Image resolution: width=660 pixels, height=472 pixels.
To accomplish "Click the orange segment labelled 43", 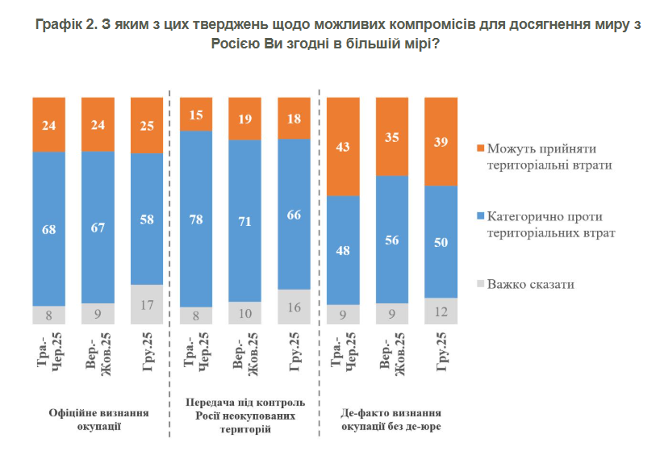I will pos(343,146).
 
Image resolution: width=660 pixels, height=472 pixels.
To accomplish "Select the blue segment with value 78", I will pos(195,218).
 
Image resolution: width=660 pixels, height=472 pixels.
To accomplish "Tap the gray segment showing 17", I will pos(146,304).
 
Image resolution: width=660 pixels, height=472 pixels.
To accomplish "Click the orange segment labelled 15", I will pos(195,114).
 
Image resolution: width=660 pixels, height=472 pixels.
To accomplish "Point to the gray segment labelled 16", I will pos(294,307).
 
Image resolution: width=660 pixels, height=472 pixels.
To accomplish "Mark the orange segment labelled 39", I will pos(441,141).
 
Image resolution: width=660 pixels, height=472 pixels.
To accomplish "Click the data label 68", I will pos(48,229).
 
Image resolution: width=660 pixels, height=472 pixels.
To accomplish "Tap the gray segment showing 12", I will pos(441,311).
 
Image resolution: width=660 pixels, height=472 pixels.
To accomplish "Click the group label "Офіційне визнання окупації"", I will pos(98,418).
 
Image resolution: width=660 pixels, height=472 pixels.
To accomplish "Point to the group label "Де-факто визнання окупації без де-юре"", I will pos(391,418).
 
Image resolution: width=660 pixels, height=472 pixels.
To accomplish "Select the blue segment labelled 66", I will pos(294,214).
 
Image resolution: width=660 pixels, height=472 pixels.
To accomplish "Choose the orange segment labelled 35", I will pos(392,137).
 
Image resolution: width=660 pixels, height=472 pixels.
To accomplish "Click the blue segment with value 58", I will pos(146,219).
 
